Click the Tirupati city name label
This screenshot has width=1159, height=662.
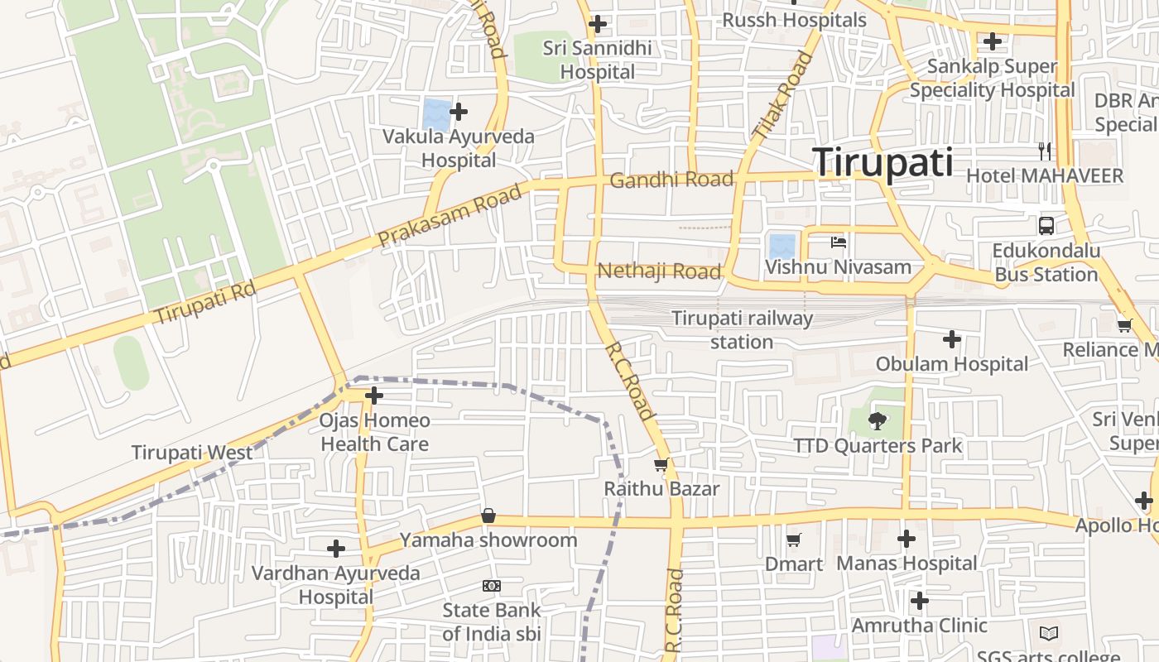[x=882, y=162]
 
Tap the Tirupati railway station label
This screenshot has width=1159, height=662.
[x=742, y=329]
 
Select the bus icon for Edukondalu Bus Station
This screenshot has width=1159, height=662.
[x=1046, y=225]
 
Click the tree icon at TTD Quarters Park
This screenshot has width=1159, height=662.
[x=877, y=421]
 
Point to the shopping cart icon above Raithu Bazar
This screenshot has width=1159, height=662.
[x=661, y=464]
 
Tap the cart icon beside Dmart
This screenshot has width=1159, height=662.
[x=793, y=540]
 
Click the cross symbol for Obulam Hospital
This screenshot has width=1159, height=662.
[x=952, y=338]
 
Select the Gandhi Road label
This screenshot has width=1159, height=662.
[x=671, y=180]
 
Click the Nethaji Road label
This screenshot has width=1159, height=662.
[x=658, y=271]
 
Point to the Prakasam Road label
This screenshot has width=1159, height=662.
[x=450, y=215]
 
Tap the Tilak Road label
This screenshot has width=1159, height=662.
[x=781, y=95]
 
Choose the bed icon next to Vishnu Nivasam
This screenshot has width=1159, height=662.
[x=838, y=242]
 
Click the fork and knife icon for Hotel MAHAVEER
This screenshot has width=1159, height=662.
[x=1045, y=151]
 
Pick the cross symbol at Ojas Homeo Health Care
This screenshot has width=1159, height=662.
[x=374, y=396]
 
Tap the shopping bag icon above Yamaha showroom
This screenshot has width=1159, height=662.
[x=488, y=516]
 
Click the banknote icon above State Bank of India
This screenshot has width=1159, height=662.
[x=491, y=586]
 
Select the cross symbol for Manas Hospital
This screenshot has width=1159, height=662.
[x=907, y=539]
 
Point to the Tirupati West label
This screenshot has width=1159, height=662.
[x=192, y=453]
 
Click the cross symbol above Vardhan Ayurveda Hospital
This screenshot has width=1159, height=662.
[x=335, y=548]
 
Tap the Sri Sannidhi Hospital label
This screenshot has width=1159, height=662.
[x=597, y=60]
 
